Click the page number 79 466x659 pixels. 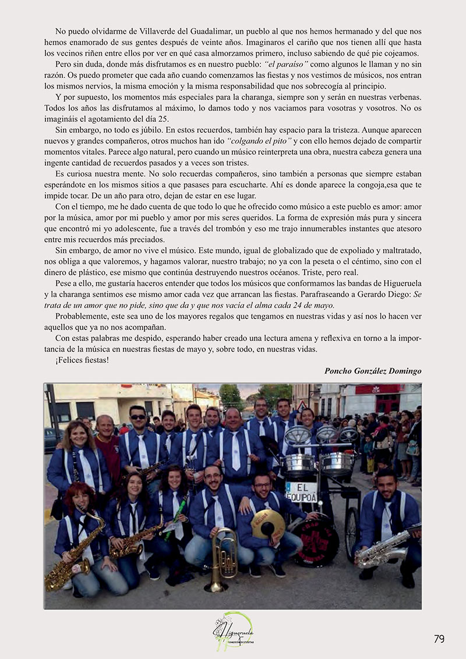coord(439,639)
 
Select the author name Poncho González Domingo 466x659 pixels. coord(373,371)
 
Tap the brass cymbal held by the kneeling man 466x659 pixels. coord(267,523)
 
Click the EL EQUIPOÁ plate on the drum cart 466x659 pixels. coord(301,491)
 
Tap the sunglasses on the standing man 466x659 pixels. coord(138,417)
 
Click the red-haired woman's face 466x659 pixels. coord(81,498)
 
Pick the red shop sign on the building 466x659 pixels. coord(379,389)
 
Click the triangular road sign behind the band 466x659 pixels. coord(302,405)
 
